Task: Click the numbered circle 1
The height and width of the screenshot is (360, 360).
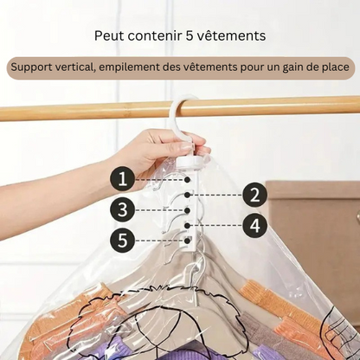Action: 123,179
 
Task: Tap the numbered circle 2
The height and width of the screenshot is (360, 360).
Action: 253,195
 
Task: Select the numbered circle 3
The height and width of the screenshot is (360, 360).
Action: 123,210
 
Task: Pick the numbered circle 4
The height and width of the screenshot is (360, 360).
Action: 253,226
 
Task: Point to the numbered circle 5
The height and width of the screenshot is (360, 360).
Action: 123,241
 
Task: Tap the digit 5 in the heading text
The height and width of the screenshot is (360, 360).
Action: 197,35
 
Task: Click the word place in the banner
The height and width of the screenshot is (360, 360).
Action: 332,69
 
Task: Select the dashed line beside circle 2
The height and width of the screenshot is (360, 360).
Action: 217,195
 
